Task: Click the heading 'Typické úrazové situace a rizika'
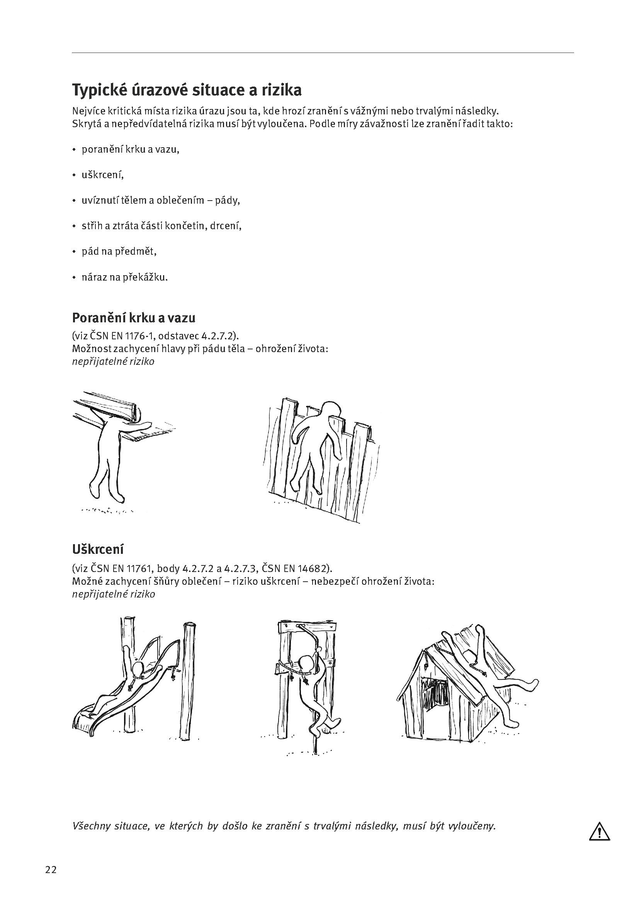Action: [187, 90]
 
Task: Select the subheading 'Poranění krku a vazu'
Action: [134, 317]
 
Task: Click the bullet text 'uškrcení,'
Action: [103, 175]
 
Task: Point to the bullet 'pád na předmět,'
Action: [119, 251]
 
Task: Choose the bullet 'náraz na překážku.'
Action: [125, 277]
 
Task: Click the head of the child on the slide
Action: [138, 668]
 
